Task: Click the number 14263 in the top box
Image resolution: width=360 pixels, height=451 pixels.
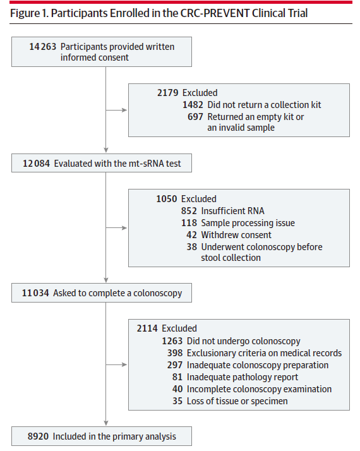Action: point(42,47)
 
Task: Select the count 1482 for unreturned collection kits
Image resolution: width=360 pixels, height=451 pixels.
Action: point(193,105)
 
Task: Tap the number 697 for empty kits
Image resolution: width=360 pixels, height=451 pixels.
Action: point(195,117)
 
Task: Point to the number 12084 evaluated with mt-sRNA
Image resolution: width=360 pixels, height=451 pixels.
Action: point(36,164)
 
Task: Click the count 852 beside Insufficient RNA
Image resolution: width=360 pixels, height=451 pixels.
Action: point(189,211)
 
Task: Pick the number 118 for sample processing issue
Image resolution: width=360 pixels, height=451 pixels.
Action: point(189,223)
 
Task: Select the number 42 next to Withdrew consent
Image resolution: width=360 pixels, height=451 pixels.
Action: point(191,235)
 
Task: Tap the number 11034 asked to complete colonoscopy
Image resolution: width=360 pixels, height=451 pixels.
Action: point(35,293)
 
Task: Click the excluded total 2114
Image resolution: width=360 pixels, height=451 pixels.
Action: point(147,328)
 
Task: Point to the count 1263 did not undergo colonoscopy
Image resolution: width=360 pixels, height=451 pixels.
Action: point(172,341)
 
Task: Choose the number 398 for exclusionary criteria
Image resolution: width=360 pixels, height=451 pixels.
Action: point(175,353)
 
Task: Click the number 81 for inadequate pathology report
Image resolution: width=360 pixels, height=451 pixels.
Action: point(177,377)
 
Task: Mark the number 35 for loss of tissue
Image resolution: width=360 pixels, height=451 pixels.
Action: point(177,401)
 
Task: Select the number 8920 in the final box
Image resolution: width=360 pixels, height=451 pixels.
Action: point(38,436)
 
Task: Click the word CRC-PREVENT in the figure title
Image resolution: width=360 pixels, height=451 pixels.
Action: point(215,13)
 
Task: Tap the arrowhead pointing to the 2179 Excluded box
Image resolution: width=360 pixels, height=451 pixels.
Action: point(124,110)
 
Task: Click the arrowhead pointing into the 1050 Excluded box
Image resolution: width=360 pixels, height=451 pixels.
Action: point(124,228)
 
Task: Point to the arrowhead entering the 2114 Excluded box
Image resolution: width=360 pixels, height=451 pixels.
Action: point(124,364)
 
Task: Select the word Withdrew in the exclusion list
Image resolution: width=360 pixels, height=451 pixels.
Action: point(215,235)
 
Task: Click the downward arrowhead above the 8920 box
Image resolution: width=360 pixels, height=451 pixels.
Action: point(106,423)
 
